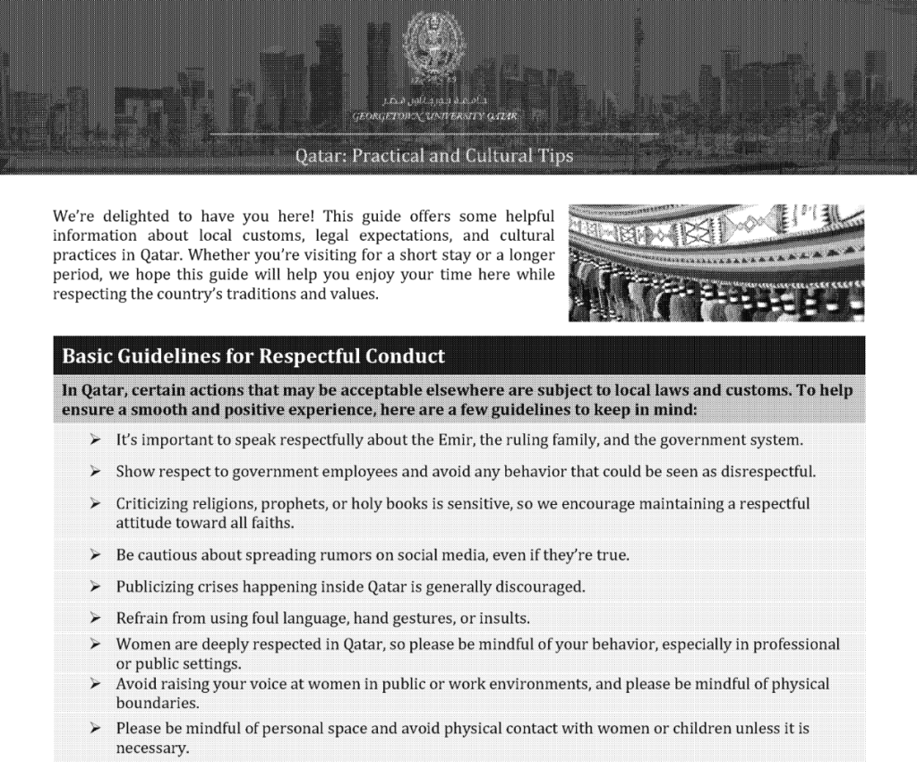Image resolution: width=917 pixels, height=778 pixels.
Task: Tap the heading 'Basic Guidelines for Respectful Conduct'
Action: pos(253,356)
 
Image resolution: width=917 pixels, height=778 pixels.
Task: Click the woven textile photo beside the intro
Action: pos(716,262)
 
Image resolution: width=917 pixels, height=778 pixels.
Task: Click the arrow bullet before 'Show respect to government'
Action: pos(95,471)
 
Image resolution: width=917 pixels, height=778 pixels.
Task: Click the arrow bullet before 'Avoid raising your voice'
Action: pos(95,684)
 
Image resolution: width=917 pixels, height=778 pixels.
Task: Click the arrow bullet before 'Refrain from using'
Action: pos(95,618)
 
